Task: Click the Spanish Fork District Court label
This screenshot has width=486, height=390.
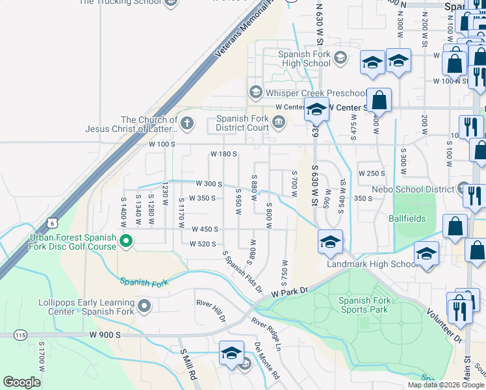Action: pyautogui.click(x=242, y=123)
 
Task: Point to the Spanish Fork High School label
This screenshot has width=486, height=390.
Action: pyautogui.click(x=304, y=58)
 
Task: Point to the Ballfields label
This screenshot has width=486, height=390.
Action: pyautogui.click(x=407, y=218)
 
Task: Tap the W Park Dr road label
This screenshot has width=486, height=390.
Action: pyautogui.click(x=288, y=294)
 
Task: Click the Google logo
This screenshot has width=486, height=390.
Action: pyautogui.click(x=21, y=382)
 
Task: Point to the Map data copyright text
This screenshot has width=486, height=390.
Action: pyautogui.click(x=445, y=385)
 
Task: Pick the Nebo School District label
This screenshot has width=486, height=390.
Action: pyautogui.click(x=413, y=189)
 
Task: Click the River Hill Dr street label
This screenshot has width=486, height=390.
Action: pyautogui.click(x=211, y=311)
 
